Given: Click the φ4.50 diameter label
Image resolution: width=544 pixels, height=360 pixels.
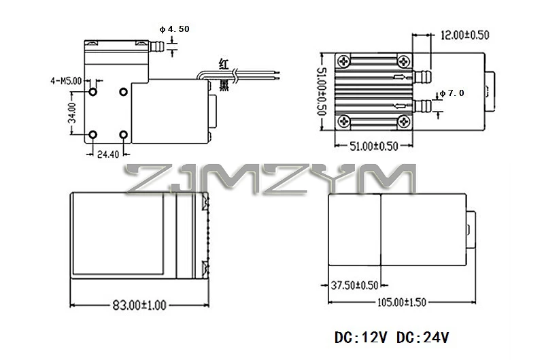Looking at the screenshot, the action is (x=175, y=29).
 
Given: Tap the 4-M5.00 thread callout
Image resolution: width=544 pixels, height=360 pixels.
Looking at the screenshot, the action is (x=66, y=81).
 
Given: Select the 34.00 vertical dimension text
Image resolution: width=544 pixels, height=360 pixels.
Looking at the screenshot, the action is (x=72, y=113).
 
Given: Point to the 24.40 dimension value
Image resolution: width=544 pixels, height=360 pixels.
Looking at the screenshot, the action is (x=108, y=154).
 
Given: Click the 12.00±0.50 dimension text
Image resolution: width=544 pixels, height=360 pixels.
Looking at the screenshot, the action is (x=464, y=35).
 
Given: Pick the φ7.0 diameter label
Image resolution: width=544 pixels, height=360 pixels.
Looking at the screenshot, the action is (x=452, y=93).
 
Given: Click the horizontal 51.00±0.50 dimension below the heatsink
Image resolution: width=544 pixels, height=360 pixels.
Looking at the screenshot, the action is (x=373, y=146).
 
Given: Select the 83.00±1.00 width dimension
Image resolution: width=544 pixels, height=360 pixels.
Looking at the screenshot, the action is (x=139, y=305).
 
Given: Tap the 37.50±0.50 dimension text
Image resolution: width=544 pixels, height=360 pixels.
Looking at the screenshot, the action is (x=354, y=285).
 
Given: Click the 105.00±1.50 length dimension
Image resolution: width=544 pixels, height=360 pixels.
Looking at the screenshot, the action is (x=401, y=302).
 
